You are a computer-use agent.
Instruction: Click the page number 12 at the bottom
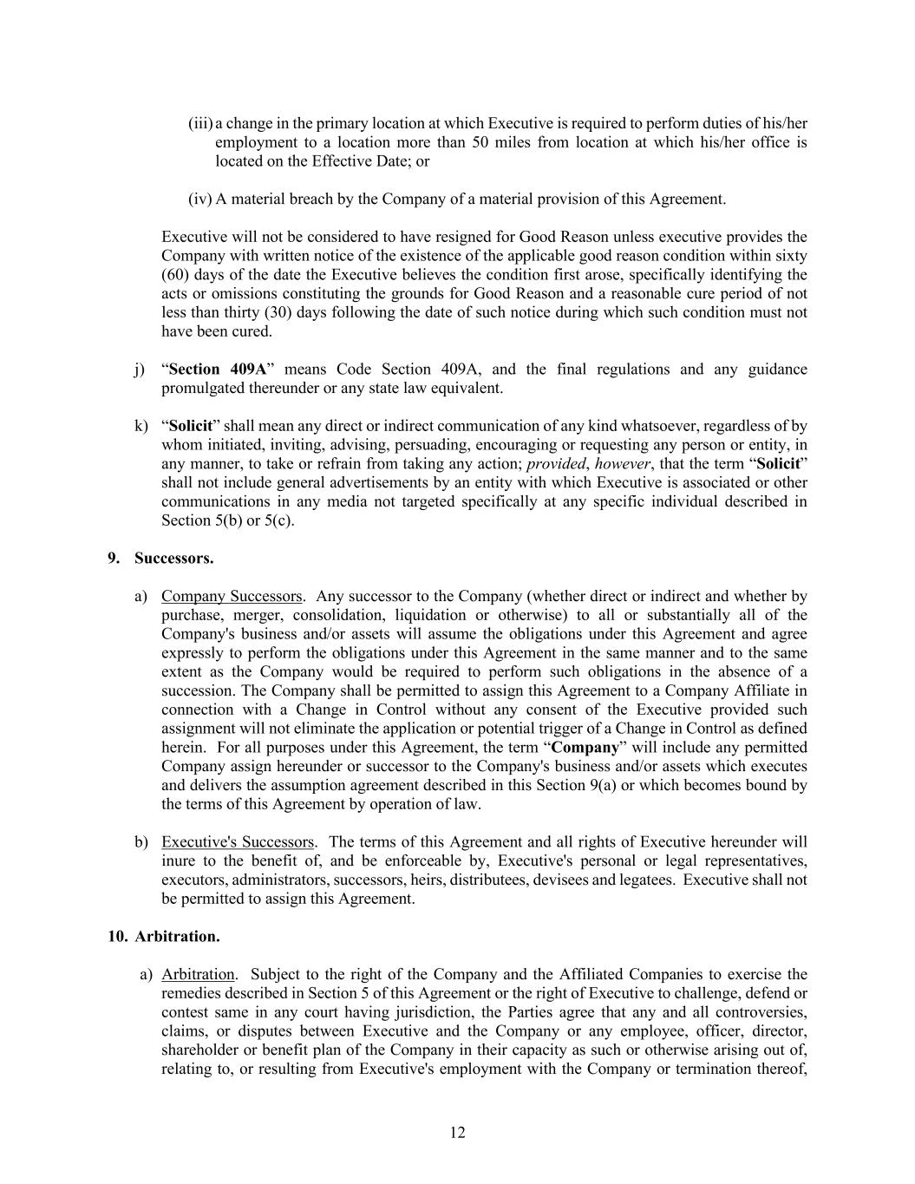458,1132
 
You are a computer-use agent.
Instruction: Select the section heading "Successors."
173,558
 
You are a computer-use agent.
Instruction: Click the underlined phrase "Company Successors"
232,596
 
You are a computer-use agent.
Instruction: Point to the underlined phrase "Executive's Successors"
238,841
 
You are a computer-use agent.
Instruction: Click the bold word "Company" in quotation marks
585,747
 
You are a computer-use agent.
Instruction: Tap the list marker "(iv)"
199,199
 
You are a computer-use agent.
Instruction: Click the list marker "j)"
140,369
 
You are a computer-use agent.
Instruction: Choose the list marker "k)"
141,425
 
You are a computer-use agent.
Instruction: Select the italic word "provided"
556,463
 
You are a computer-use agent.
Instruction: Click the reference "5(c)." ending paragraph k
279,520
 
